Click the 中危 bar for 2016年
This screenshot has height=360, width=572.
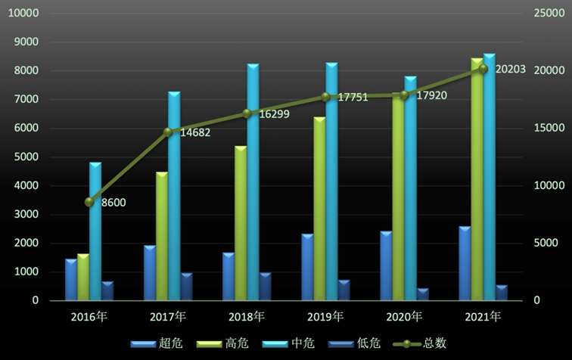pyautogui.click(x=95, y=231)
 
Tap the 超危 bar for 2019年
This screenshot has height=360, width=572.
pyautogui.click(x=307, y=268)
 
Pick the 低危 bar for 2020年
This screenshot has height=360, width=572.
pyautogui.click(x=422, y=294)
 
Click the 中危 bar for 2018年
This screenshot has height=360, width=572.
pyautogui.click(x=253, y=182)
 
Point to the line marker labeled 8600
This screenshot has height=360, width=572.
pyautogui.click(x=89, y=202)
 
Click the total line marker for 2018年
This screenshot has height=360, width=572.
pyautogui.click(x=247, y=113)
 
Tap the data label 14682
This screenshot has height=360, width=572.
pyautogui.click(x=195, y=132)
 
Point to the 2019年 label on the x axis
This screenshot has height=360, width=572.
pyautogui.click(x=325, y=315)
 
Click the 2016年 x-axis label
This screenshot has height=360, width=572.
pyautogui.click(x=89, y=315)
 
